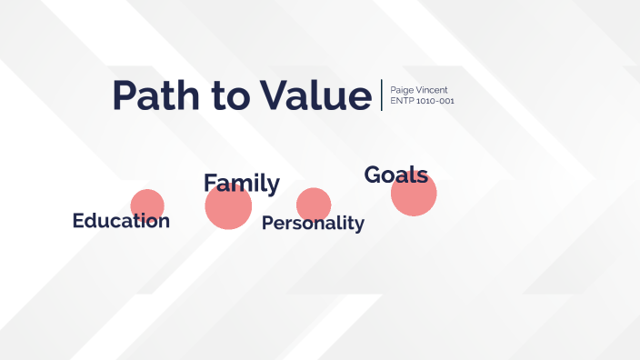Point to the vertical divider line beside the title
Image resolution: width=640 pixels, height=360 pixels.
coord(382,95)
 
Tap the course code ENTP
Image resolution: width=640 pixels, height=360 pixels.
coord(401,101)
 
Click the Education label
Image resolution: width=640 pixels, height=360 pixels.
coord(121,221)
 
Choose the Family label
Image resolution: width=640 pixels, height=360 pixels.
coord(241,184)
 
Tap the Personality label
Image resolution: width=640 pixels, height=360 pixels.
coord(313,224)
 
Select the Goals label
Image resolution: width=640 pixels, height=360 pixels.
coord(395,175)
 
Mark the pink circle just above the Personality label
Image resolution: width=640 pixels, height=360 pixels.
coord(314,203)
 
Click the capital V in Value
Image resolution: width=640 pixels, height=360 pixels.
coord(273,95)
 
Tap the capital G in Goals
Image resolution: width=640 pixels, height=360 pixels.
coord(373,175)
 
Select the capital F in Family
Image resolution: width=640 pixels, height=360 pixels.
coord(210,184)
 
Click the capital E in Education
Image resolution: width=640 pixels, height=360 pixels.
coord(78,221)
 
